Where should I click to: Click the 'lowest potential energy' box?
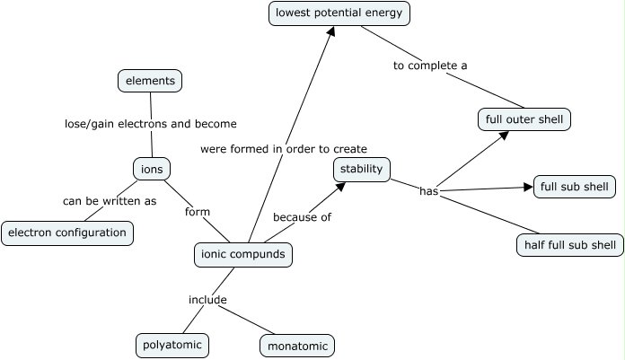pos(340,13)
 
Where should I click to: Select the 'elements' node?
pos(150,81)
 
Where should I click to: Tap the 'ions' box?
pos(151,168)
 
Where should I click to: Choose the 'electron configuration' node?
pos(67,233)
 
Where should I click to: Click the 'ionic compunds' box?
pos(243,255)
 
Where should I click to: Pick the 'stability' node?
pos(362,168)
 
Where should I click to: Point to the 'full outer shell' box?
pos(524,119)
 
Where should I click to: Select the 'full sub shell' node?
pos(575,187)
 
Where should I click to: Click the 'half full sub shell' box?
pos(570,244)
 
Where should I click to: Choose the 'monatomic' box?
pos(297,345)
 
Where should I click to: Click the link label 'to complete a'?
pos(431,66)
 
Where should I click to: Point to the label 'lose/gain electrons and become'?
pos(151,124)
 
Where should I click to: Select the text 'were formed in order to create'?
pos(284,148)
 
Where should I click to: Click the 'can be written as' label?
pos(110,201)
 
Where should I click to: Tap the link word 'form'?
pos(197,212)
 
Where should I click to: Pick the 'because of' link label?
pos(303,217)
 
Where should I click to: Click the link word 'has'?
pos(428,191)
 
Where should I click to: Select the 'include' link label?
pos(207,299)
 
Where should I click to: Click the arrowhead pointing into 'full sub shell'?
pos(528,188)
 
